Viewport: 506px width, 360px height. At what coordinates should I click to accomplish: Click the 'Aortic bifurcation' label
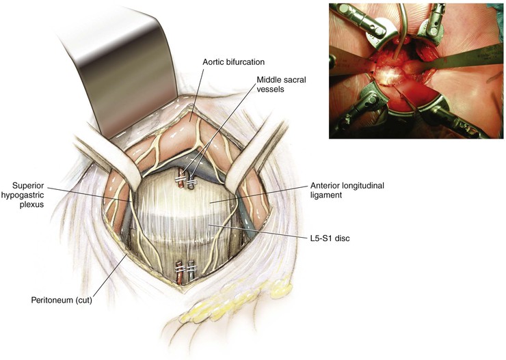[x=234, y=62]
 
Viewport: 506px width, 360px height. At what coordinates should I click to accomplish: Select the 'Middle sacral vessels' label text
[x=281, y=84]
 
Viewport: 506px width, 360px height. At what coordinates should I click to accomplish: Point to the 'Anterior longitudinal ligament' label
[x=347, y=190]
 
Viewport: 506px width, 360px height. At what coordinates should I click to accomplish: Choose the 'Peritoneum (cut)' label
[x=62, y=300]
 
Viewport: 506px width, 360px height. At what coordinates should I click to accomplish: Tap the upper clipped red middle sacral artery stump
[x=181, y=180]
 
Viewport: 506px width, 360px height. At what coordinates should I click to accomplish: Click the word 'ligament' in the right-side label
[x=326, y=195]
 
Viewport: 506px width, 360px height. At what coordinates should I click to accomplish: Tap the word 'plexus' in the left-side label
[x=31, y=204]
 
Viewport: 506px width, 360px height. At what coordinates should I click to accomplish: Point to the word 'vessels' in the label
[x=270, y=89]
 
